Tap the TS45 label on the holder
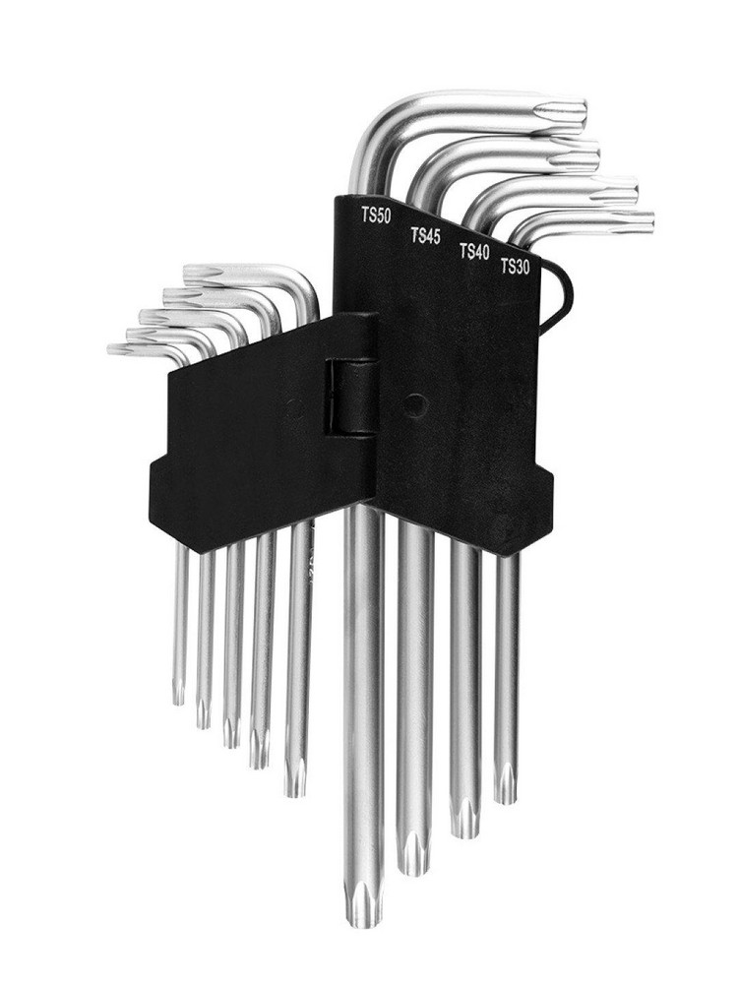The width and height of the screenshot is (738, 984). coord(425,236)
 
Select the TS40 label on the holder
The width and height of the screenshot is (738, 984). coord(474,251)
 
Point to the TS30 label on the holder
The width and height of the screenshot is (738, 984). coord(516,267)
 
